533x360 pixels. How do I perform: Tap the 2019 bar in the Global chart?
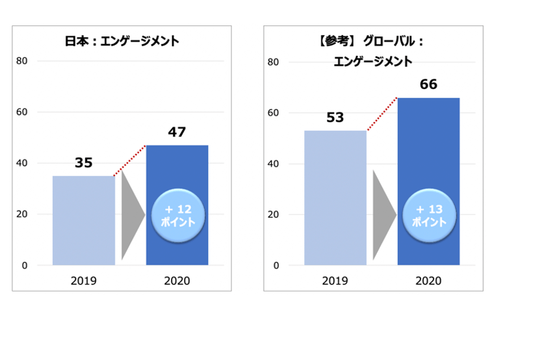pyautogui.click(x=335, y=198)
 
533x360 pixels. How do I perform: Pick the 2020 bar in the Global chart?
pyautogui.click(x=428, y=149)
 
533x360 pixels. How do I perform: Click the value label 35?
pyautogui.click(x=83, y=162)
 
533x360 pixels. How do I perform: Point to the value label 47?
pyautogui.click(x=177, y=132)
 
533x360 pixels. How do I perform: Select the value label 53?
pyautogui.click(x=335, y=118)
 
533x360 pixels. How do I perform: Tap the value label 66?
pyautogui.click(x=428, y=84)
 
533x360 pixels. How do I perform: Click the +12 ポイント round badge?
pyautogui.click(x=177, y=216)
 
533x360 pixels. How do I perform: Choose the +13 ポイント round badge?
pyautogui.click(x=429, y=216)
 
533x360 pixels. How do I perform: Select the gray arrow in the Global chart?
pyautogui.click(x=383, y=214)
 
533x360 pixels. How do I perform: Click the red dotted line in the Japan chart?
pyautogui.click(x=130, y=161)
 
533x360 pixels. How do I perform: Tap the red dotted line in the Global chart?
pyautogui.click(x=382, y=114)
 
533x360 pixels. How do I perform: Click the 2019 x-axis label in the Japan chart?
pyautogui.click(x=83, y=281)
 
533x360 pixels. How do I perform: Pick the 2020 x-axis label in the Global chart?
pyautogui.click(x=428, y=281)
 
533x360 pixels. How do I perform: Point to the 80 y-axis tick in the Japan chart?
pyautogui.click(x=22, y=61)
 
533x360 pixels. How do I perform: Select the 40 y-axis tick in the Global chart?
pyautogui.click(x=274, y=164)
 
